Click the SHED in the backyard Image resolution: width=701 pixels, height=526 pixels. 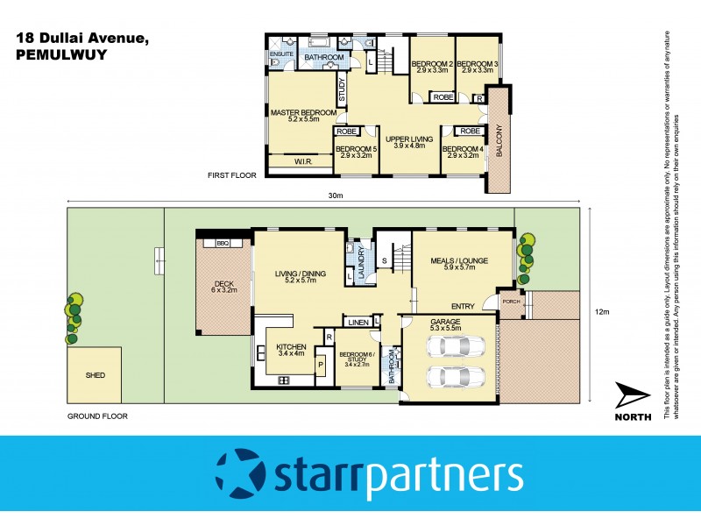click(x=96, y=375)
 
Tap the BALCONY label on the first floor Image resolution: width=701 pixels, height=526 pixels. click(x=499, y=140)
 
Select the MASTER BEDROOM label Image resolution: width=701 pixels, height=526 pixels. click(x=303, y=113)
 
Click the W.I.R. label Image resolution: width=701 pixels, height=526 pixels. click(x=304, y=161)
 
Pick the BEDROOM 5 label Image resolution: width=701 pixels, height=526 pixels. click(x=356, y=149)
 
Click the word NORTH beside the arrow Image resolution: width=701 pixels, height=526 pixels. click(x=632, y=417)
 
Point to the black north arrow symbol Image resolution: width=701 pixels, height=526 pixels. click(x=632, y=395)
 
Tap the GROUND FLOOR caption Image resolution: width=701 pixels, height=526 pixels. click(x=97, y=416)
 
